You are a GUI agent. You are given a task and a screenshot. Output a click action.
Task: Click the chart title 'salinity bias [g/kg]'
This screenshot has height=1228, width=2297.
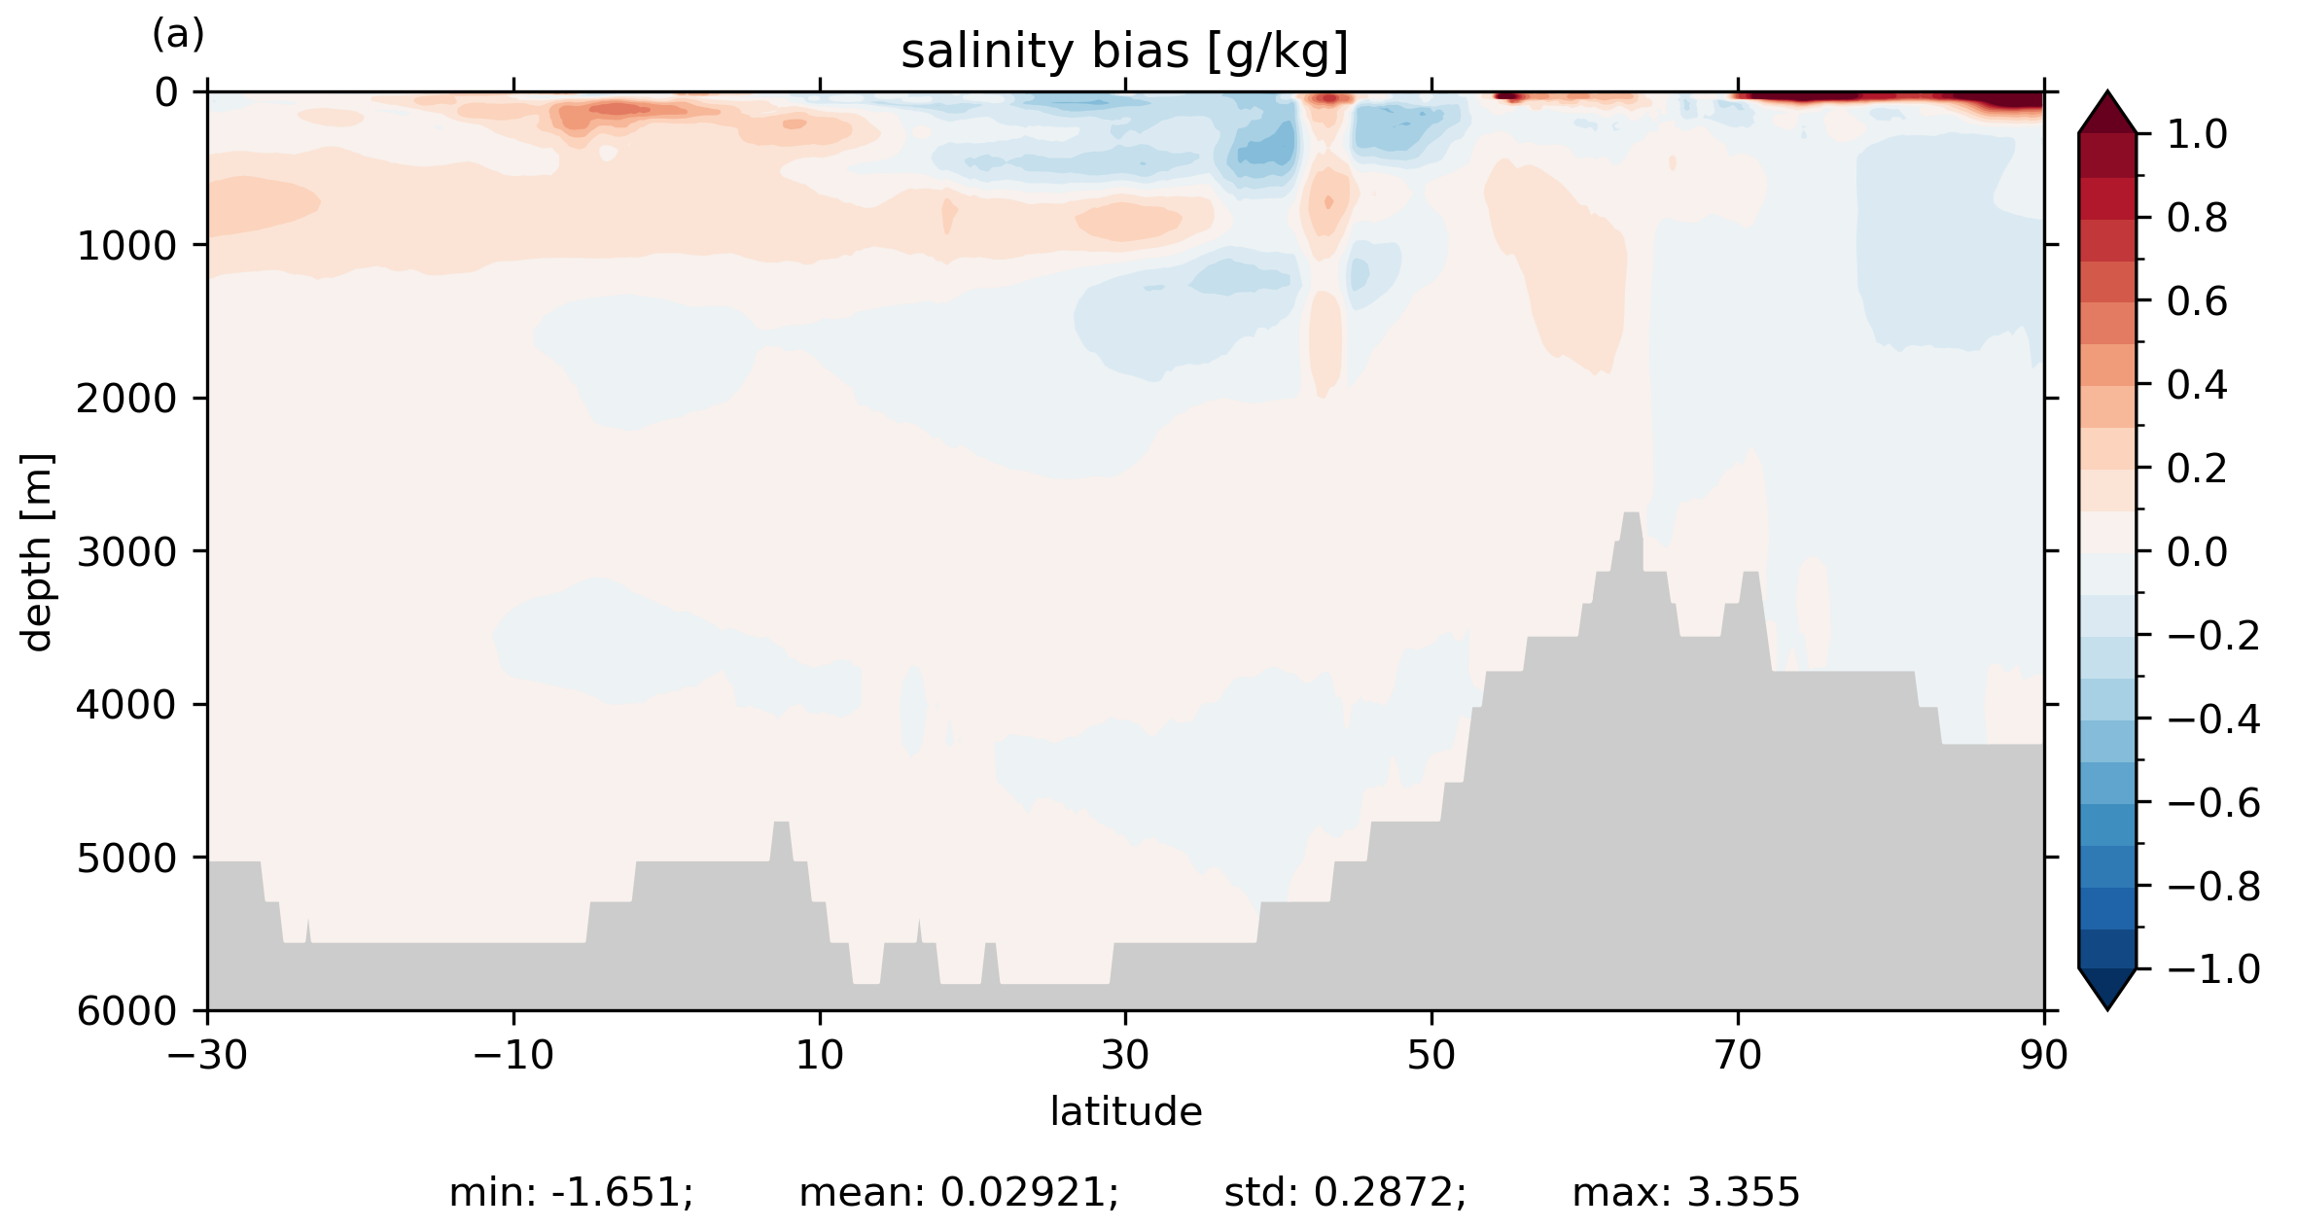[1124, 53]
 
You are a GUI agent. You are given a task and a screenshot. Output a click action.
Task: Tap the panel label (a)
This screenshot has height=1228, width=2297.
[178, 35]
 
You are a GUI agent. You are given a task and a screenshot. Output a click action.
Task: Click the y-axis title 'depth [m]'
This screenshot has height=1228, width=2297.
[37, 551]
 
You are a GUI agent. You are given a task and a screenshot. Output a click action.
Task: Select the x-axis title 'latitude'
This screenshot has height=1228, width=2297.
[1125, 1111]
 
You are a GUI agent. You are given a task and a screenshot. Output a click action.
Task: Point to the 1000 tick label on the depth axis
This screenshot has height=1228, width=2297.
[127, 247]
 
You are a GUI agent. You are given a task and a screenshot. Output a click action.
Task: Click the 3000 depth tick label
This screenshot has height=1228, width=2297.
[127, 552]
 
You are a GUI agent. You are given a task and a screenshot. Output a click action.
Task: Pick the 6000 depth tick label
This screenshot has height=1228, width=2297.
[127, 1011]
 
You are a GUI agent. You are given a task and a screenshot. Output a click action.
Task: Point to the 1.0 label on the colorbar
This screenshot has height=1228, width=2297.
[2197, 135]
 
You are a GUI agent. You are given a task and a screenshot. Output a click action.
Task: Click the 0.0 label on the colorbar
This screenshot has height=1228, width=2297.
[2197, 552]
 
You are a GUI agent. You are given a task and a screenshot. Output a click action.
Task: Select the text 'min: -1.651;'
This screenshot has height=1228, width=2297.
[571, 1193]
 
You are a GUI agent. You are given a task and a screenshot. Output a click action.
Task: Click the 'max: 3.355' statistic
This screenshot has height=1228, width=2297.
[1685, 1193]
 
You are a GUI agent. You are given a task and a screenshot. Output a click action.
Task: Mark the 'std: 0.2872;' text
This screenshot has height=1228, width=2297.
[1345, 1193]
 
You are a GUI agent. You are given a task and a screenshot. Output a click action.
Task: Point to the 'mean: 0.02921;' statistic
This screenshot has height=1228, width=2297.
[959, 1193]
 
